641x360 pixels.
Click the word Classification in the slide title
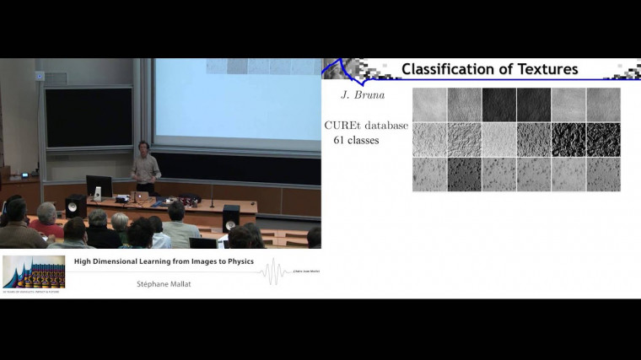click(452, 69)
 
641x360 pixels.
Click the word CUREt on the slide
click(343, 126)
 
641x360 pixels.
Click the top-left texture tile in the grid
click(429, 105)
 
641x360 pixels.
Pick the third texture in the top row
click(498, 105)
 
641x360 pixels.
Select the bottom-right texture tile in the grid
click(603, 175)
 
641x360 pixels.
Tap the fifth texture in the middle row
click(568, 139)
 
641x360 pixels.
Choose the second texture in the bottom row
click(464, 175)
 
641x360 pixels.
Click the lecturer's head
click(143, 147)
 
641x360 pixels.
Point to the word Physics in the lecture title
click(239, 261)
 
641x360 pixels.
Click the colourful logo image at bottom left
click(34, 271)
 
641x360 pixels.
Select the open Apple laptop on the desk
click(141, 196)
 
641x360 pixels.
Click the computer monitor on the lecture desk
click(99, 186)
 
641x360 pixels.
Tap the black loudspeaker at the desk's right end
click(230, 218)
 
